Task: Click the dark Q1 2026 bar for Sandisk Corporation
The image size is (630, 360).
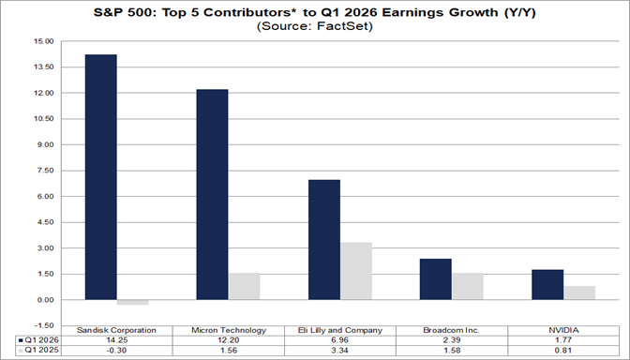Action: click(x=100, y=177)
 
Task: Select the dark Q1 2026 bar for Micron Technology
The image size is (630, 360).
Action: click(x=212, y=195)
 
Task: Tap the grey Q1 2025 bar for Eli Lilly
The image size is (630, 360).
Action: click(x=355, y=271)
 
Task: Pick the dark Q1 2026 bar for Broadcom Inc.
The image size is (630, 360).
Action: click(x=435, y=279)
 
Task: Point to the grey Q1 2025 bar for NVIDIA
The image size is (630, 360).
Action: click(x=579, y=292)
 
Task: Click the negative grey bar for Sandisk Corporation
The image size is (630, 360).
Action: click(x=132, y=303)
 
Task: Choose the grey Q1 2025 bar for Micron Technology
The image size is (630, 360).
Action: click(x=244, y=287)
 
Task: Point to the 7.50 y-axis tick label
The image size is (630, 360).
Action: click(x=44, y=171)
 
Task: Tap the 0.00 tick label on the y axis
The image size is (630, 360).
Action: click(x=44, y=300)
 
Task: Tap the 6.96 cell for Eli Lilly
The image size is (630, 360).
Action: click(x=339, y=340)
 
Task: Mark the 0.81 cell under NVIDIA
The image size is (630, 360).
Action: click(x=562, y=351)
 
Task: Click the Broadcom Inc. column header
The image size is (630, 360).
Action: click(x=451, y=330)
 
